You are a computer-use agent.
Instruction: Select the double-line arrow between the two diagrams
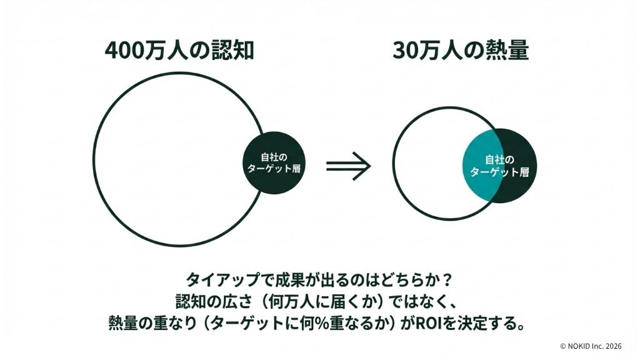coord(349,166)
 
